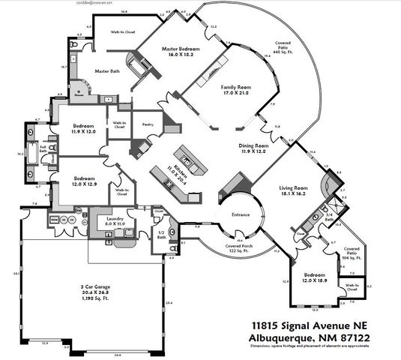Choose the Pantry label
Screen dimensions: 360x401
[x=148, y=124]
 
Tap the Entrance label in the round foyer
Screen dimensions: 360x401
[x=240, y=214]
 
